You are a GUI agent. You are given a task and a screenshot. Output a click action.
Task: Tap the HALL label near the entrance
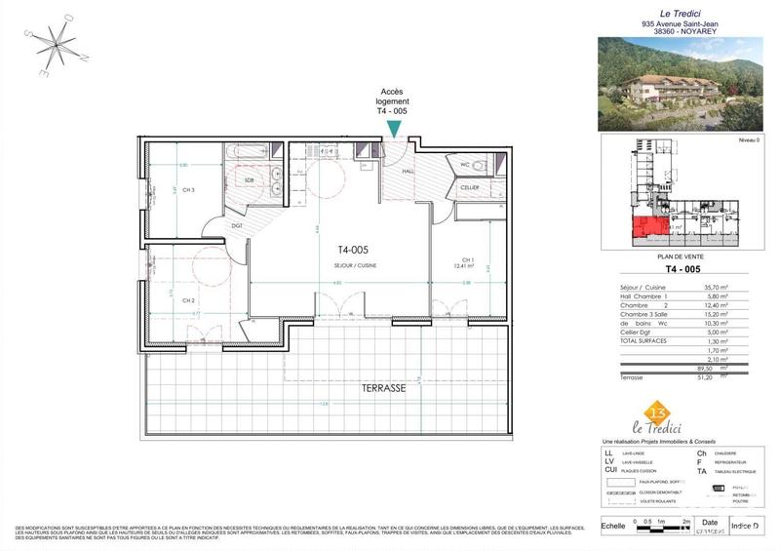408,172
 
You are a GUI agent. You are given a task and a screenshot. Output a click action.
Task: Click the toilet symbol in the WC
459,164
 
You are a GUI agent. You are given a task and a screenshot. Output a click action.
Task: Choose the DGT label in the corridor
237,226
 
